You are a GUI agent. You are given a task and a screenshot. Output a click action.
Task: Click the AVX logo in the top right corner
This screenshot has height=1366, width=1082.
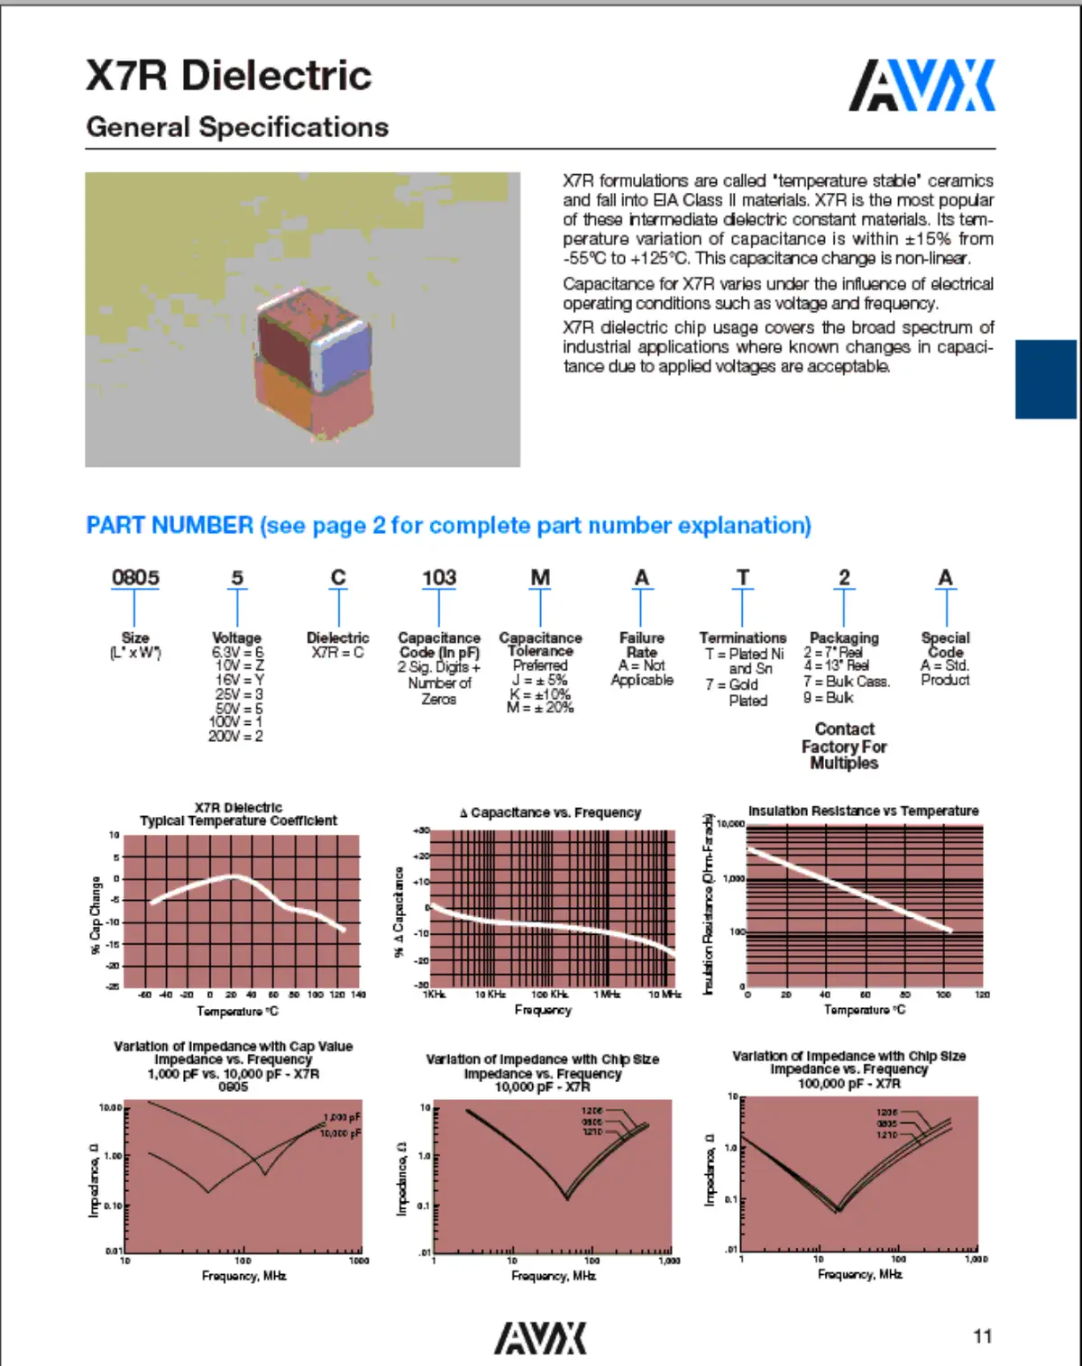click(922, 86)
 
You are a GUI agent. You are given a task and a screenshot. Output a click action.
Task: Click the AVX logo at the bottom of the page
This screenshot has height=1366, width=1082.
click(540, 1338)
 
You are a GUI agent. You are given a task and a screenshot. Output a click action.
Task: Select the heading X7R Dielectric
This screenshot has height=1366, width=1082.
click(228, 76)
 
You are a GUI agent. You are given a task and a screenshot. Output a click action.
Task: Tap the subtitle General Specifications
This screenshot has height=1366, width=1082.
click(237, 127)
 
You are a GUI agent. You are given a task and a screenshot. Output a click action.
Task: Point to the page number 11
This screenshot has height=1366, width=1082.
click(982, 1336)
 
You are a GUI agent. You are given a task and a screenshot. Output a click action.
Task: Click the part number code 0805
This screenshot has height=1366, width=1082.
click(135, 577)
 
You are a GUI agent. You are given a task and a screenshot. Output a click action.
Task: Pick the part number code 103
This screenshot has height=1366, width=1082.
click(439, 577)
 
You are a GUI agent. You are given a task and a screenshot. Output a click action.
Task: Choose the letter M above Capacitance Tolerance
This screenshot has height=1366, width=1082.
click(540, 577)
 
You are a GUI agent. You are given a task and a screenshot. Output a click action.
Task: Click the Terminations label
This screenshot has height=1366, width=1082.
click(742, 637)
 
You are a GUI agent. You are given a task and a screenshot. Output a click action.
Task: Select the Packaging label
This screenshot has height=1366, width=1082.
click(844, 637)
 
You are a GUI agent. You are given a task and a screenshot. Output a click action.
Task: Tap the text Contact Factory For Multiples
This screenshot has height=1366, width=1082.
click(844, 746)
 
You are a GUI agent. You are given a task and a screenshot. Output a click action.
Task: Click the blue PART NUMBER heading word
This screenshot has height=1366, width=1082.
click(170, 526)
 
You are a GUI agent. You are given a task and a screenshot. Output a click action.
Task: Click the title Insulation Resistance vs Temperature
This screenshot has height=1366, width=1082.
click(863, 811)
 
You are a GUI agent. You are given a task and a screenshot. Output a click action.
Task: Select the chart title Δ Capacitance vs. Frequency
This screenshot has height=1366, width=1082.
click(550, 812)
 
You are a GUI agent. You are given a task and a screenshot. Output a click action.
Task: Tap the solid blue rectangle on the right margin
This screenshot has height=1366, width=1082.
click(1046, 379)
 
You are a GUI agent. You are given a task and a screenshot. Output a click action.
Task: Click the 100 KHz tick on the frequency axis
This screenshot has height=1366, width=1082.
click(549, 995)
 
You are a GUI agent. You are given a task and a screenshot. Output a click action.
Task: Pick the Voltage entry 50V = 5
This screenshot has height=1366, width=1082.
click(238, 709)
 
